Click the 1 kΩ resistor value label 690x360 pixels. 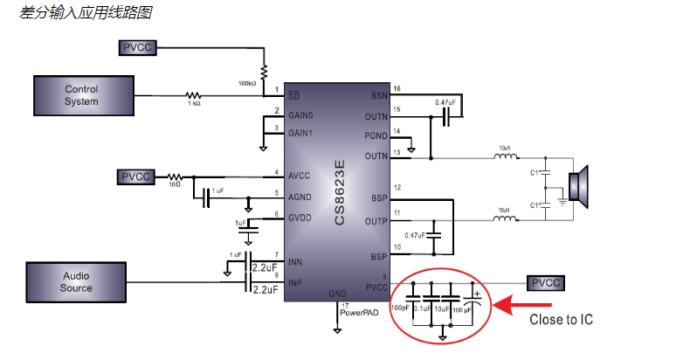pos(193,104)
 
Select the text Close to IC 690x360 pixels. pos(561,320)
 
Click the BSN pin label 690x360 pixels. pos(378,95)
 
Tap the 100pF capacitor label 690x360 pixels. pos(400,308)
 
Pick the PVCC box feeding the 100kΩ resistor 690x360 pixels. pos(138,47)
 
